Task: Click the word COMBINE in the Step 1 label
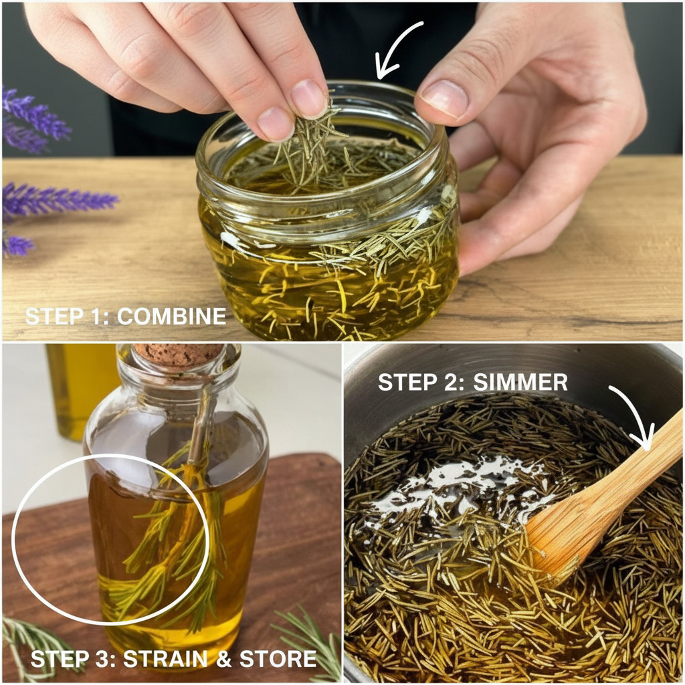coord(172,316)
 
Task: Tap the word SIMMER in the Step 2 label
coord(520,382)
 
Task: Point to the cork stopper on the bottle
coord(178,353)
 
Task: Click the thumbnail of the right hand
coord(444,99)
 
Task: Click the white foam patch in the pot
coord(459,487)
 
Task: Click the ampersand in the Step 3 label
coord(223,659)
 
